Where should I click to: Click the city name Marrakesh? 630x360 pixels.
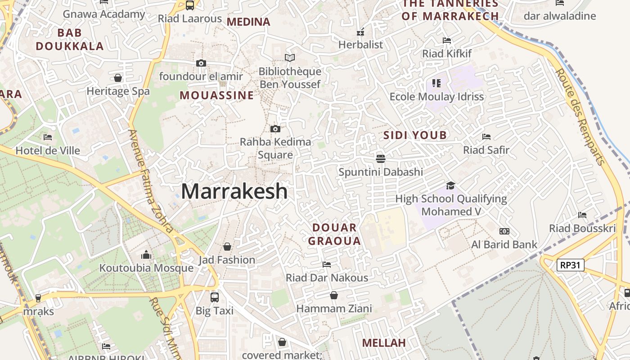(234, 191)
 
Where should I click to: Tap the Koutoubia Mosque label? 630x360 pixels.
(146, 268)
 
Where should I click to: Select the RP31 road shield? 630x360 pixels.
(570, 265)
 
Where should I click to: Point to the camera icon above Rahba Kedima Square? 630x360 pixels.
(275, 129)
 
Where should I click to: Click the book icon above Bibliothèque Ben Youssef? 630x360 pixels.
(290, 58)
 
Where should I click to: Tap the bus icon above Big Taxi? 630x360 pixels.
(215, 297)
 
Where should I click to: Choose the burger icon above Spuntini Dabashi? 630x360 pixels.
(381, 158)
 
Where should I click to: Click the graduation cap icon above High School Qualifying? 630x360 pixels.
(450, 185)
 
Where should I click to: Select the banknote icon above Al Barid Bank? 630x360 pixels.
(504, 231)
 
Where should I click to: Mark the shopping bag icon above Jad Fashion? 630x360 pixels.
(227, 247)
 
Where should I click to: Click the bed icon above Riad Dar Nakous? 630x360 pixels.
(327, 264)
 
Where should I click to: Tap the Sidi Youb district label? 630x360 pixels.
(415, 135)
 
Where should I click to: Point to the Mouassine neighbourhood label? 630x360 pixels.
(217, 95)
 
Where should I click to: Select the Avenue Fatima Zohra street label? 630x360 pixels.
(151, 180)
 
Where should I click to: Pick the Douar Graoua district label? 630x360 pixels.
(334, 234)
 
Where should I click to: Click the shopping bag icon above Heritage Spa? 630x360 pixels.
(118, 78)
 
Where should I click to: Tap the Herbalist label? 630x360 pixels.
(360, 45)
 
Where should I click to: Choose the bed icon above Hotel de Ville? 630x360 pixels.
(48, 137)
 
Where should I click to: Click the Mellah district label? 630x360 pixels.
(384, 343)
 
